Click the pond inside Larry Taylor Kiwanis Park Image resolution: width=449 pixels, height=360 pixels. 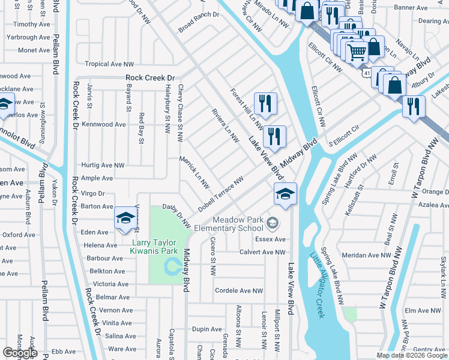(173, 265)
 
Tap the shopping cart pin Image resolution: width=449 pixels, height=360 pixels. (357, 52)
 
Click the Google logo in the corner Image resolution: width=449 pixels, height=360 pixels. (20, 352)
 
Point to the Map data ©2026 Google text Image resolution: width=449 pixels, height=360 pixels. (411, 355)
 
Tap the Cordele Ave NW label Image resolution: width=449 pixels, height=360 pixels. (239, 291)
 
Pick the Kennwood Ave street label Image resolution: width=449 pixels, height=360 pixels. (103, 124)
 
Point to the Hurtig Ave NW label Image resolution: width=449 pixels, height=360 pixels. (103, 165)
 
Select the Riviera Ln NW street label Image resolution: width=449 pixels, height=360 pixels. (225, 125)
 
